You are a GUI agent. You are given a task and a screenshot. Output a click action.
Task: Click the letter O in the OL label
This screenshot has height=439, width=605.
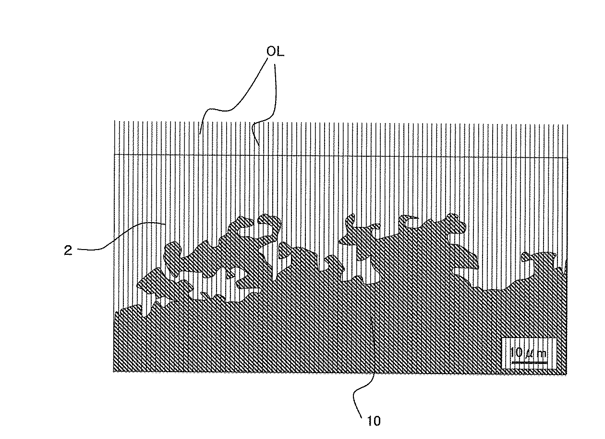271,51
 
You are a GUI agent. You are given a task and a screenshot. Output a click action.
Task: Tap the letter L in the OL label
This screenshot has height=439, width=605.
280,51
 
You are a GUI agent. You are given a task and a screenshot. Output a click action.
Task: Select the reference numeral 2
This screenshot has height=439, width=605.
68,250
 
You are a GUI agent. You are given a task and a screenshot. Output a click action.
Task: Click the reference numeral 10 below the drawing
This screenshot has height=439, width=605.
374,421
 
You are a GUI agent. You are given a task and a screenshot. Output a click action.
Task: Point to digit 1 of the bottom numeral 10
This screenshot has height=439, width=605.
370,421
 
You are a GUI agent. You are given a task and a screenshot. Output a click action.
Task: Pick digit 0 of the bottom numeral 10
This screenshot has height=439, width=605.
377,421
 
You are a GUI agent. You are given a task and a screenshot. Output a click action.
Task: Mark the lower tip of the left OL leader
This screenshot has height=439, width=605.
200,134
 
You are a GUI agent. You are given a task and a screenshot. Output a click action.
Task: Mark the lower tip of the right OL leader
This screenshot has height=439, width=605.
259,146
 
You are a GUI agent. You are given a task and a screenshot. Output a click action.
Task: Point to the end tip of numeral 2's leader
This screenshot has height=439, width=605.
165,224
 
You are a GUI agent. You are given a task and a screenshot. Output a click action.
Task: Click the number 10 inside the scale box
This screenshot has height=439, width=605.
516,352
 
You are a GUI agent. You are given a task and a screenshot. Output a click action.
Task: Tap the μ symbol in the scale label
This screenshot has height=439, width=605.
528,353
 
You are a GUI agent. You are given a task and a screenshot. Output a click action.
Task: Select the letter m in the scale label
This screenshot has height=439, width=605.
542,353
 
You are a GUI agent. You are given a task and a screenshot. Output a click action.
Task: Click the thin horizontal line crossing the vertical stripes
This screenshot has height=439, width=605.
341,156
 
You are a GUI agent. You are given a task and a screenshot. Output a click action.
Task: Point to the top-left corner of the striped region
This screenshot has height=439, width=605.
114,121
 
